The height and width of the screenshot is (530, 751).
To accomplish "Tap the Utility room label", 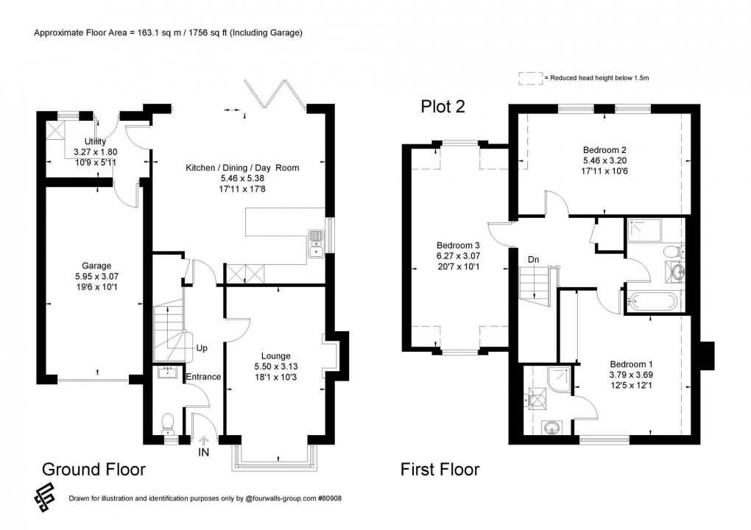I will click(96, 141).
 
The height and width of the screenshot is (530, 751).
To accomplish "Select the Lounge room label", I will click(277, 356).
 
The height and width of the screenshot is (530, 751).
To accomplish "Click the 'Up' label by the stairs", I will click(201, 347).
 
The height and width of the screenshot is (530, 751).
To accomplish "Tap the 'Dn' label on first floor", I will click(534, 259).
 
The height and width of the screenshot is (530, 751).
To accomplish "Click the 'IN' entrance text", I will click(204, 452).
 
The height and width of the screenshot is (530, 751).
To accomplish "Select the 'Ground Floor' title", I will click(94, 469).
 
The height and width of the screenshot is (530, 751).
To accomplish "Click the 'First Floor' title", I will click(440, 469).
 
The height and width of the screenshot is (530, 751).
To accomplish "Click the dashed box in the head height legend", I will click(530, 77).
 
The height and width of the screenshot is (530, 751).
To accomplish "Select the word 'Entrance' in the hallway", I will click(202, 377).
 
